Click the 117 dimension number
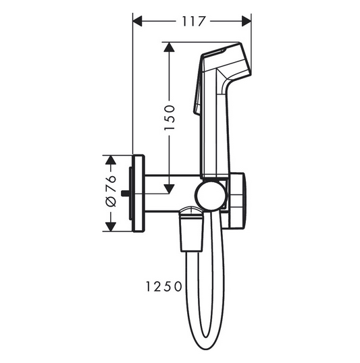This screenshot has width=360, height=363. pos(192,22)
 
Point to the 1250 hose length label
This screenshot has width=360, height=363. pos(162,286)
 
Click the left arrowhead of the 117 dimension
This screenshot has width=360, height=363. pos(138,22)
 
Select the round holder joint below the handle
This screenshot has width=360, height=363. pos(211,196)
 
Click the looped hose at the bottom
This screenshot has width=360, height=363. pos(203,317)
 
